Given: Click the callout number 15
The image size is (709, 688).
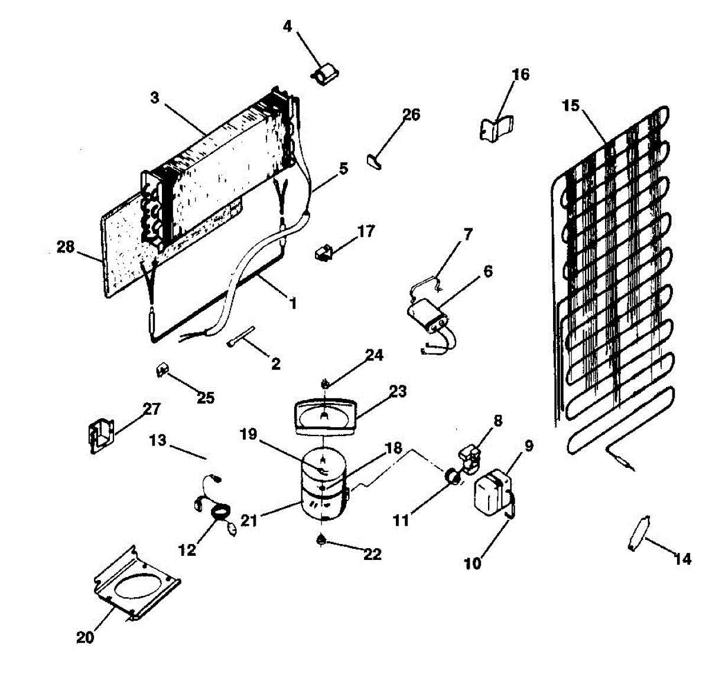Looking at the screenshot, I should (571, 107).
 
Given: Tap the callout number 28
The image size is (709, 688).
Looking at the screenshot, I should (66, 247).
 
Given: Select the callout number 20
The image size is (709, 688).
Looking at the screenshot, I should (85, 637).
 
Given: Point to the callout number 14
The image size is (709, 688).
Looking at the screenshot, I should (682, 558).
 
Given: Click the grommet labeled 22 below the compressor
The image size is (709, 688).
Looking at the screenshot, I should (322, 539).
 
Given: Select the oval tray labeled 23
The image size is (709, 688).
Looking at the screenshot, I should (326, 417).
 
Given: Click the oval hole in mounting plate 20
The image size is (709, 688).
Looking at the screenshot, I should (138, 588).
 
